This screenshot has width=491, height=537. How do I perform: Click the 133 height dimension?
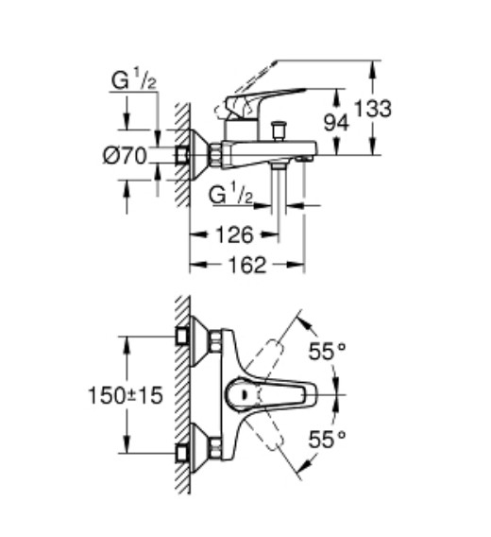378,109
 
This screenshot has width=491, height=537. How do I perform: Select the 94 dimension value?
338,121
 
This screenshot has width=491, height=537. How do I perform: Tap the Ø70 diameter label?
125,157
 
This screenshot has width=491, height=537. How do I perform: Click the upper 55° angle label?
327,352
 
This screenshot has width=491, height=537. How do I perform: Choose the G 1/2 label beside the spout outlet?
231,195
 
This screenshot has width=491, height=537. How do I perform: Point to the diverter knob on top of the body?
279,128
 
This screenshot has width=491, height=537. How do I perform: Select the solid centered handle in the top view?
269,393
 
